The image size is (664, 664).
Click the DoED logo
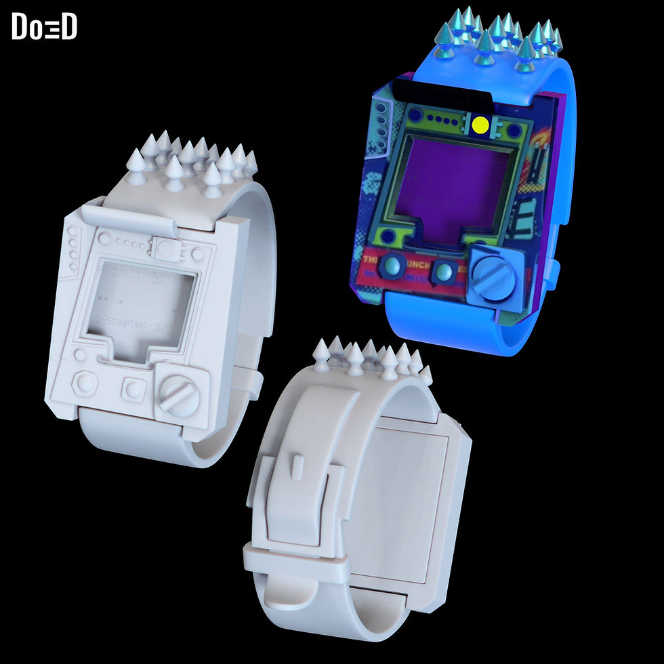coord(44,26)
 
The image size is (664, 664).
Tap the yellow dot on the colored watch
coord(480,125)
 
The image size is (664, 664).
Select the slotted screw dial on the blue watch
coord(493,274)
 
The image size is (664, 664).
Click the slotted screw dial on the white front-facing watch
coord(179,395)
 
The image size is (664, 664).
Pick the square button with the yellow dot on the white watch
coord(165,247)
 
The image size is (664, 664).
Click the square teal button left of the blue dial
coord(443,271)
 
